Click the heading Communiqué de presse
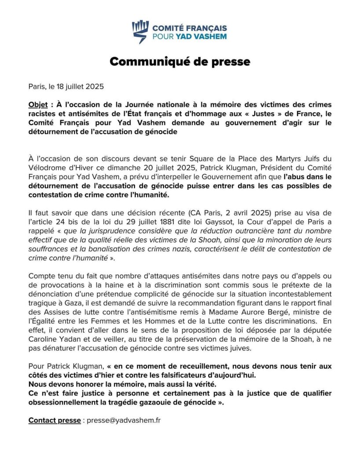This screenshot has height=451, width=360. click(180, 61)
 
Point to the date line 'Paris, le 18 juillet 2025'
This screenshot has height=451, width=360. click(66, 86)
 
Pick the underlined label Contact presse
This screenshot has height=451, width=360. click(55, 421)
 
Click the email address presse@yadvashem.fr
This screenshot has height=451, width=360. click(124, 421)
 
